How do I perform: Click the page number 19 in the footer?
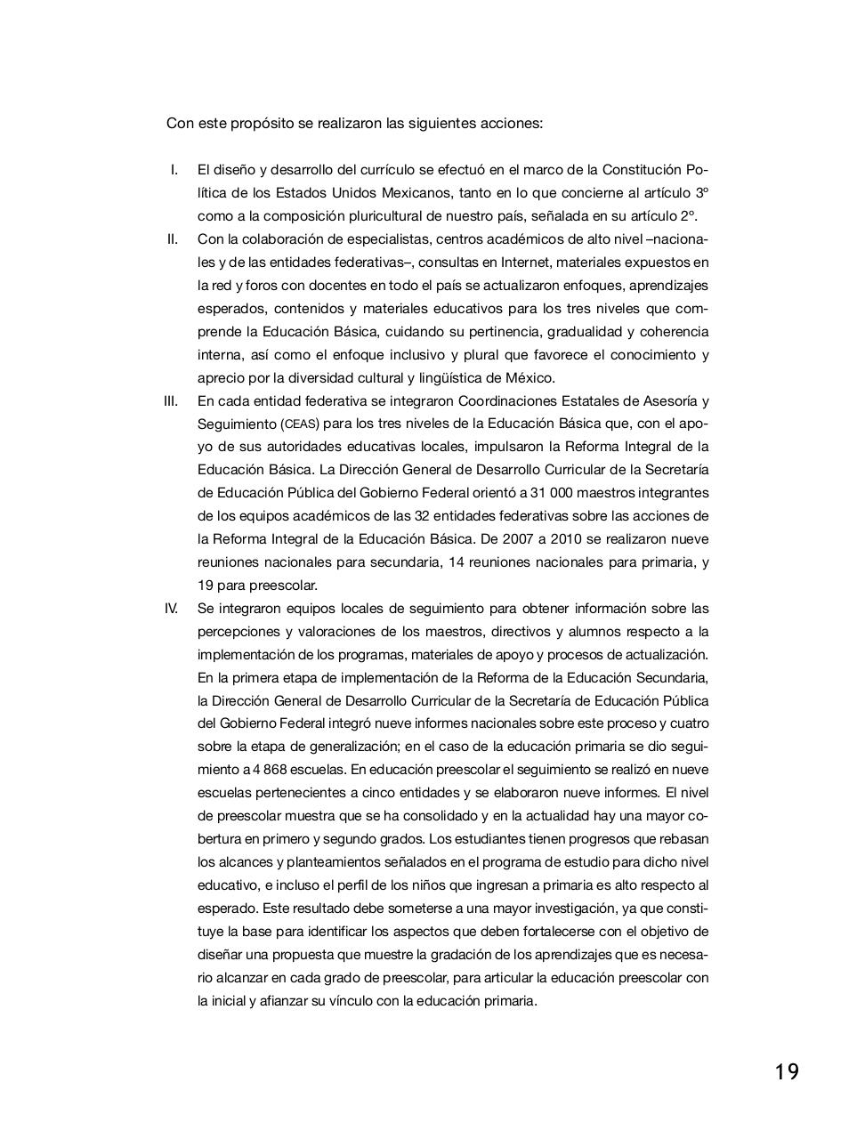click(x=786, y=1071)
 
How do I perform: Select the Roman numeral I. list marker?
click(x=174, y=170)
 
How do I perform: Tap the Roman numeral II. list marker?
click(x=173, y=239)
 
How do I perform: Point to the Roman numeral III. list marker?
click(x=171, y=401)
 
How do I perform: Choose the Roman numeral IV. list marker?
click(x=171, y=609)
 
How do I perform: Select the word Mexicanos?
click(x=417, y=193)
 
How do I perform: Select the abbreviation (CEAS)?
click(x=300, y=424)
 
